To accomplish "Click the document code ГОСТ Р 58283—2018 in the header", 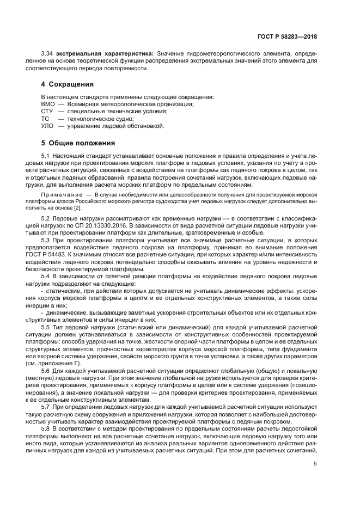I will pyautogui.click(x=288, y=36).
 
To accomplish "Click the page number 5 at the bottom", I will pyautogui.click(x=315, y=464).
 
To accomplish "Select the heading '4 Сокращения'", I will pyautogui.click(x=68, y=84).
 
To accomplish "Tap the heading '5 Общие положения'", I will pyautogui.click(x=78, y=143).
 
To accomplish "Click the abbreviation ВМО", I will pyautogui.click(x=48, y=104).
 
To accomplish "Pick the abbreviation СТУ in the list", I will pyautogui.click(x=47, y=111).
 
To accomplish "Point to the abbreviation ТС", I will pyautogui.click(x=45, y=118).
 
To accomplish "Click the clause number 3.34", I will pyautogui.click(x=48, y=53).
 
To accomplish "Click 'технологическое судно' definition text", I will pyautogui.click(x=100, y=118).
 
